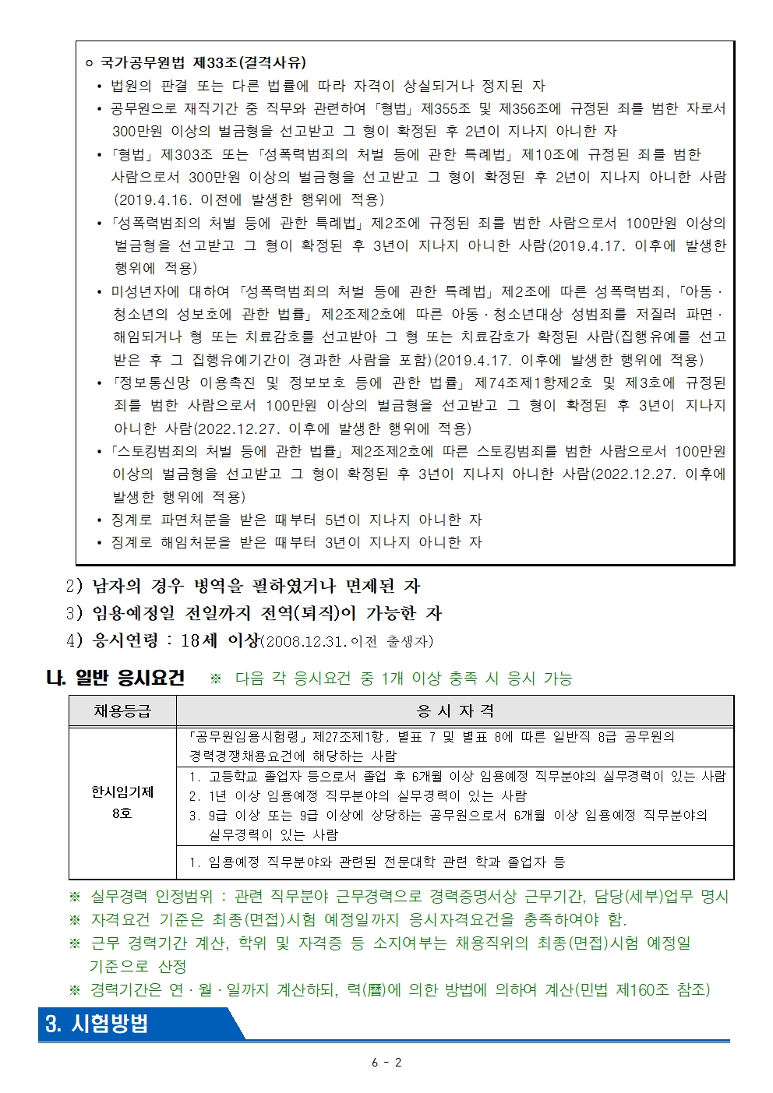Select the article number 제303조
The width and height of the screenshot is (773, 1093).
click(186, 154)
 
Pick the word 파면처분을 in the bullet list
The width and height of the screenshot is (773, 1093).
click(196, 520)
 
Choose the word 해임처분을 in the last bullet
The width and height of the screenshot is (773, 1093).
click(196, 542)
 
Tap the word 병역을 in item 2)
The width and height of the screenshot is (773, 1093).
click(221, 586)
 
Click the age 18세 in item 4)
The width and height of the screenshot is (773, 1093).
click(199, 640)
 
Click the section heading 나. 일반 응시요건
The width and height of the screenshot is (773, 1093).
click(116, 678)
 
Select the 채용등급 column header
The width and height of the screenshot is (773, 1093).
click(122, 710)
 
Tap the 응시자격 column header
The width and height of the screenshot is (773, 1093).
click(455, 710)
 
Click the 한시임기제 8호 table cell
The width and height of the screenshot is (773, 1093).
click(122, 802)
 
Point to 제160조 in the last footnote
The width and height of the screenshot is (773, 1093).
click(642, 989)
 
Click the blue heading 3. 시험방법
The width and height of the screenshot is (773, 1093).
click(97, 1024)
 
